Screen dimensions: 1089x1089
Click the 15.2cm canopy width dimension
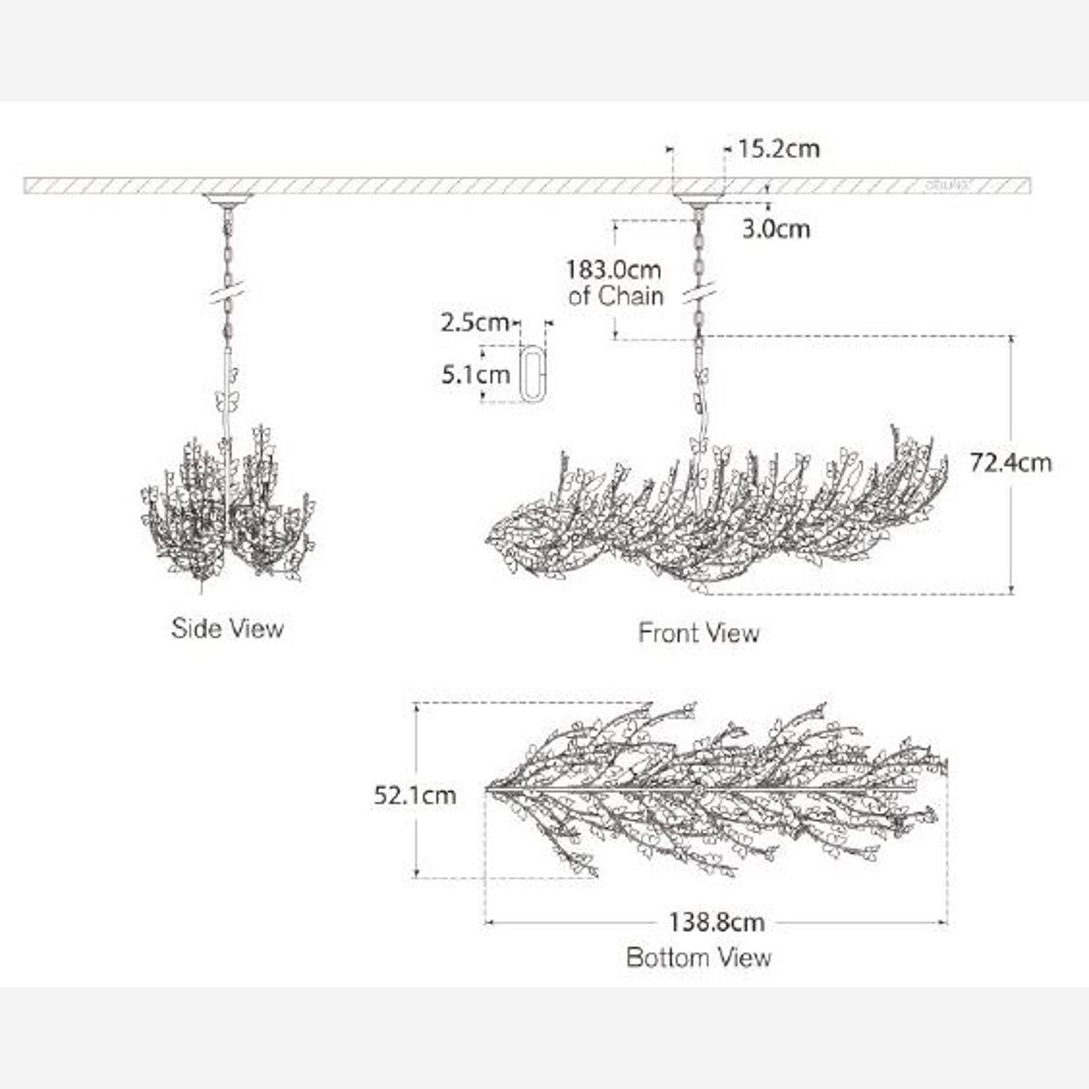point(778,149)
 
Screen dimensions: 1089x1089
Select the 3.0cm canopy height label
point(775,229)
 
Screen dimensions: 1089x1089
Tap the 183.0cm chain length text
point(613,270)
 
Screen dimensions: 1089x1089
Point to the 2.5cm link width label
point(474,322)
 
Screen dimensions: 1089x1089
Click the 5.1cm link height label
point(476,375)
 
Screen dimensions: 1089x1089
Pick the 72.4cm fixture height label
point(1011,462)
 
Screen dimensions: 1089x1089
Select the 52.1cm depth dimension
point(415,795)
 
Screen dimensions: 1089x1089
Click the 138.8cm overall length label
point(717,922)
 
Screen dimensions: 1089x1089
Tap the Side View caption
point(227,628)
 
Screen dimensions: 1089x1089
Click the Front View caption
point(698,633)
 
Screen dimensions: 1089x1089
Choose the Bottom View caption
point(698,957)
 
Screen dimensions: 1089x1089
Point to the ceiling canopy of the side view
point(228,198)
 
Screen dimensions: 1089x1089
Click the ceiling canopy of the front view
point(698,197)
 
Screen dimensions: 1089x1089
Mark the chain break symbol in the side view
point(228,293)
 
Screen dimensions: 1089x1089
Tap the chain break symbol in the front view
point(699,293)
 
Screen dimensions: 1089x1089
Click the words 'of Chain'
point(616,296)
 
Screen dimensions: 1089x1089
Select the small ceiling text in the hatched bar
point(947,186)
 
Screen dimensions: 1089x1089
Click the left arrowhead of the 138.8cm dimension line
point(489,923)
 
